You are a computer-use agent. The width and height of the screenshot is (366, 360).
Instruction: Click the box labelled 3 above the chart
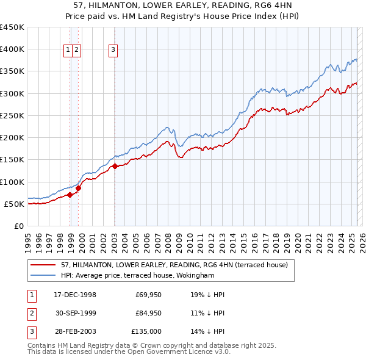[114, 51]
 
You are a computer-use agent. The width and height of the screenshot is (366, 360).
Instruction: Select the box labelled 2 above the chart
[77, 51]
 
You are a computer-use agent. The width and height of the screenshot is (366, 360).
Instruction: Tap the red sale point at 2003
[115, 166]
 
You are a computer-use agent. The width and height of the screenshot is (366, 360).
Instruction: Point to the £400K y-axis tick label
[12, 49]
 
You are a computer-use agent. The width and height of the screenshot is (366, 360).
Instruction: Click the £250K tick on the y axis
[12, 115]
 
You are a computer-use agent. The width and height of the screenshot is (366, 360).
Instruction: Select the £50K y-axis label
[15, 204]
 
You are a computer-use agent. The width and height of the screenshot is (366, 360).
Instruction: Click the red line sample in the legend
[44, 265]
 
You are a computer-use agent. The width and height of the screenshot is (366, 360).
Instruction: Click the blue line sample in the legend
[44, 275]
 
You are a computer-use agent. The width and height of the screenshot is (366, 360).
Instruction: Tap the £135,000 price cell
[147, 331]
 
